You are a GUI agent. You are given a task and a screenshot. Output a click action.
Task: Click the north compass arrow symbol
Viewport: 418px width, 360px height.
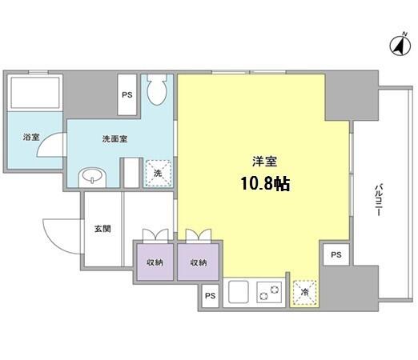coord(400,46)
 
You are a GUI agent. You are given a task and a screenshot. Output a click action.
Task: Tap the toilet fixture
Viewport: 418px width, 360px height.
coord(157,90)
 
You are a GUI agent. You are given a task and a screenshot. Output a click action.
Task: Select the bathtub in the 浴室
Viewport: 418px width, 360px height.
coord(34,93)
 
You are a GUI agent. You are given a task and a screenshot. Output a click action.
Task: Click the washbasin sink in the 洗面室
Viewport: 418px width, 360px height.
coord(92,177)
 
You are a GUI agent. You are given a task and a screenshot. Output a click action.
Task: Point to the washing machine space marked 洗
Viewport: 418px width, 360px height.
coord(158,174)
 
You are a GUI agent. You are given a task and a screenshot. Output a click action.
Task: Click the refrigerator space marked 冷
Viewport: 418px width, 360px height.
coord(305,293)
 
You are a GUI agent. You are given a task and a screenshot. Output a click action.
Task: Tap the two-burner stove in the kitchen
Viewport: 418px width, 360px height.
coord(269,292)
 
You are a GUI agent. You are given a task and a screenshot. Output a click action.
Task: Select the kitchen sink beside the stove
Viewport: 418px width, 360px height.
coord(239,292)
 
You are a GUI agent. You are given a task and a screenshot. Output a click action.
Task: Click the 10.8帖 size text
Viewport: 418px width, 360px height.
coord(265,184)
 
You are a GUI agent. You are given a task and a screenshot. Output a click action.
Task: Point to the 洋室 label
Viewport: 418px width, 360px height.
coord(265,162)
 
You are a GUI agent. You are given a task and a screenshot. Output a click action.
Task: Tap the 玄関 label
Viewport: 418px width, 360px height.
coord(102,229)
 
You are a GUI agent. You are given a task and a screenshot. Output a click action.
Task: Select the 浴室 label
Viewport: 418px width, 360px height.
coord(31,137)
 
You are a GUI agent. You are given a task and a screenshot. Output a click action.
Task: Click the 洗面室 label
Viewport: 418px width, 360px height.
coord(115,138)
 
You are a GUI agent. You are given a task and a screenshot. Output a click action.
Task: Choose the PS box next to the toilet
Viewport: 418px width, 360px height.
coord(127,94)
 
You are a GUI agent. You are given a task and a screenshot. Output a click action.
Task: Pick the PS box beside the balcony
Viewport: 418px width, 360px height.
coord(336,254)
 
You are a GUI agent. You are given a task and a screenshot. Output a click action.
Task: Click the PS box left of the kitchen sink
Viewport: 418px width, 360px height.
coord(210,296)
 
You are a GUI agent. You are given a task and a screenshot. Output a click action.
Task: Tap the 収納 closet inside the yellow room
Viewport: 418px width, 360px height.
coord(199,262)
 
